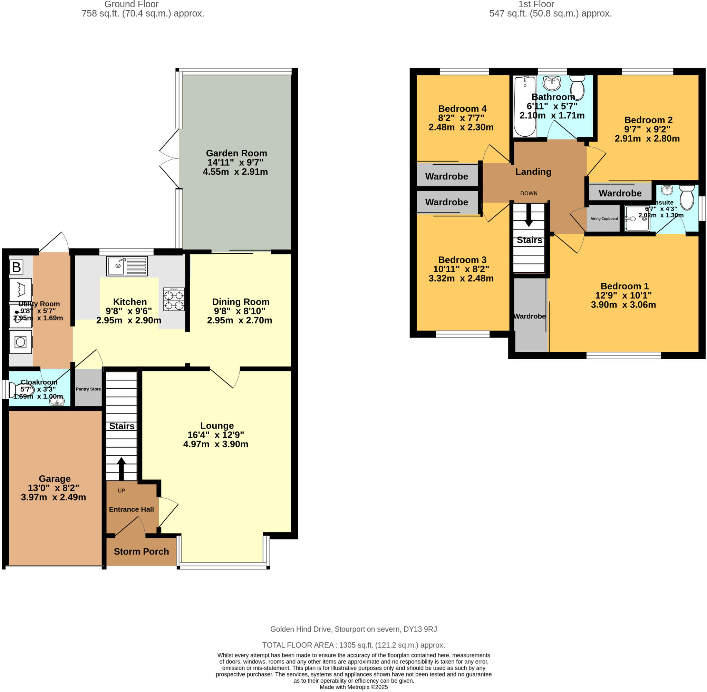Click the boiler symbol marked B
16,267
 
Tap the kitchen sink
127,266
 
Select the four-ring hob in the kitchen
174,299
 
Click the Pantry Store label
88,389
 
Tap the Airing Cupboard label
604,218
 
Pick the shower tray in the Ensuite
637,218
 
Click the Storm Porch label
141,551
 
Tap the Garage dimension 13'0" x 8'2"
54,488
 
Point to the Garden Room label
236,153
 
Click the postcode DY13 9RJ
419,629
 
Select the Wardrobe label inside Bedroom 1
529,316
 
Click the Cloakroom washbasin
57,401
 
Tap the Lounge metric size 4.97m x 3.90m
215,444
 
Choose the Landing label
533,172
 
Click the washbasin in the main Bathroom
552,83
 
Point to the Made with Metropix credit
353,687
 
